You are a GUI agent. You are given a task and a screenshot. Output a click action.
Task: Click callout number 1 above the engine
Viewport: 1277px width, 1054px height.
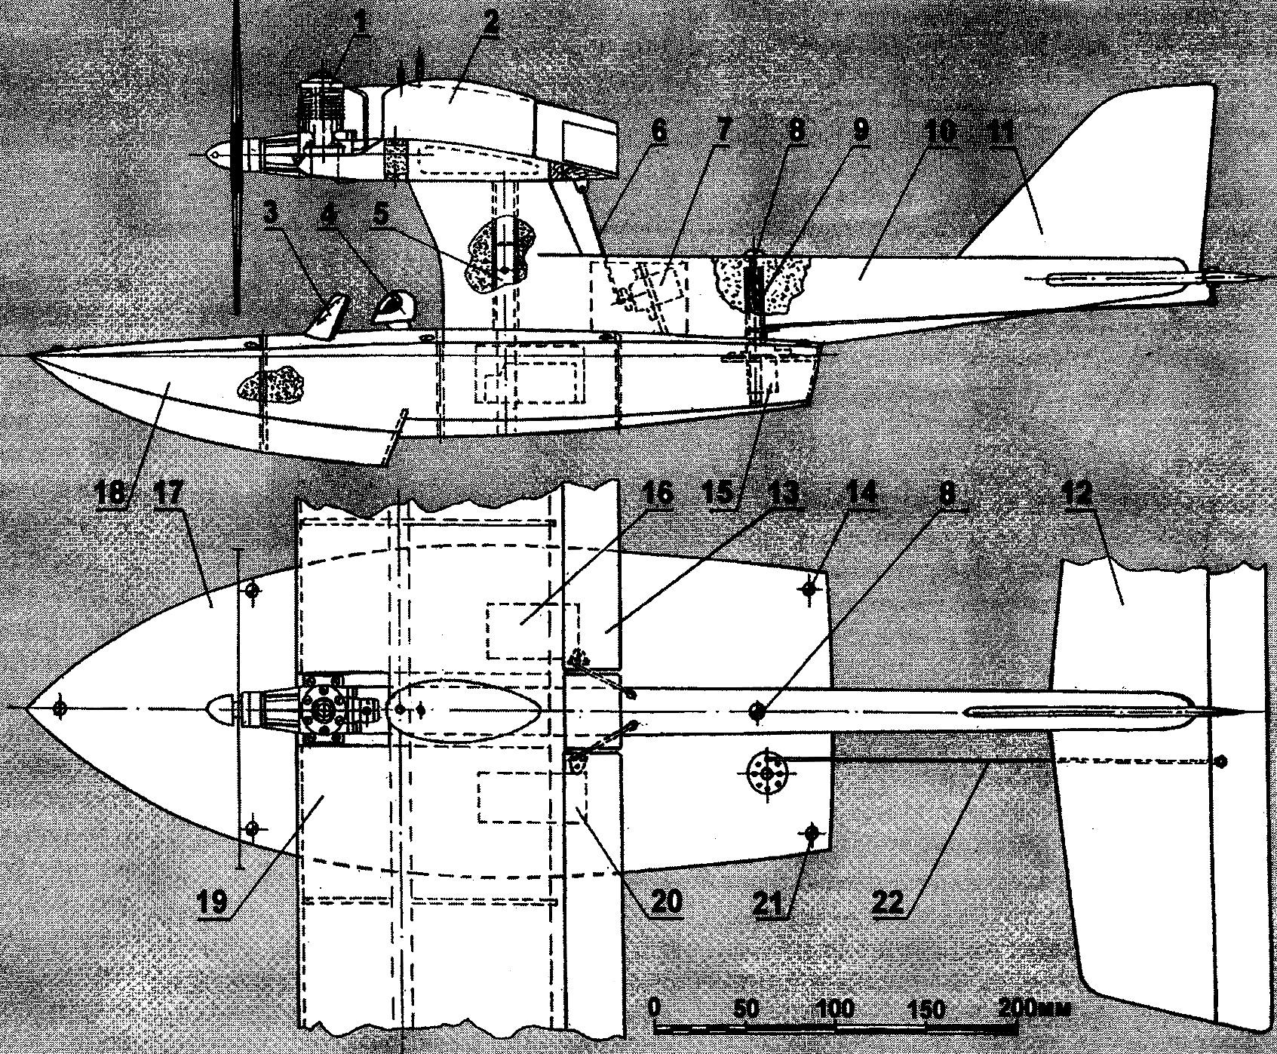click(363, 23)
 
